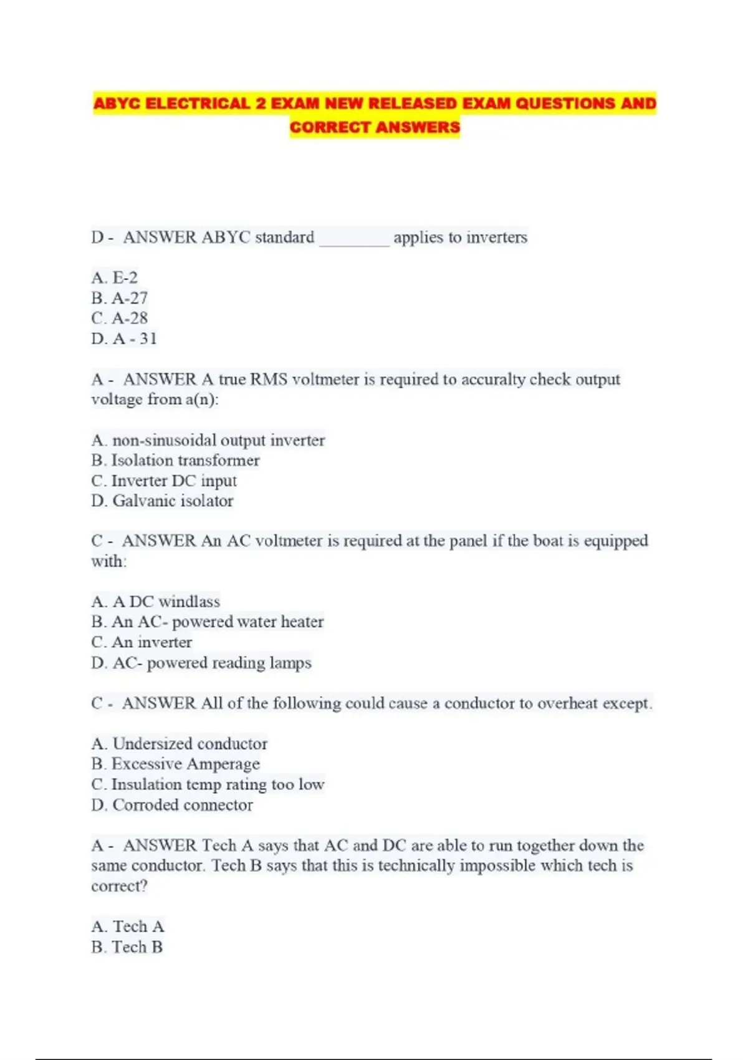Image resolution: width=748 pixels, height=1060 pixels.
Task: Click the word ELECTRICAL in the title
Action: click(198, 104)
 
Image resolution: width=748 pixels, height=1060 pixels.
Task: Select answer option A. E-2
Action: click(115, 277)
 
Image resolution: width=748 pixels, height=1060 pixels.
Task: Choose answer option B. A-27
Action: click(120, 298)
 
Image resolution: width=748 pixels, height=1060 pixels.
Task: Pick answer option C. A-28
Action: click(120, 319)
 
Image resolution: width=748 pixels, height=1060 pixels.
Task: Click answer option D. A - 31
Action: click(124, 339)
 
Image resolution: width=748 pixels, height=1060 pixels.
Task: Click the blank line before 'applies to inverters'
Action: click(354, 238)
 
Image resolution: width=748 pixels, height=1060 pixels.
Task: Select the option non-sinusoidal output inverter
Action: click(208, 440)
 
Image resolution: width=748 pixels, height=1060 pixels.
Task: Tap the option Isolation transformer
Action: click(176, 461)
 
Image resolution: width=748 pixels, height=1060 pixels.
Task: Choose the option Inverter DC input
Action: click(164, 481)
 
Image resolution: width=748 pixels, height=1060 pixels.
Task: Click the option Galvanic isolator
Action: click(163, 501)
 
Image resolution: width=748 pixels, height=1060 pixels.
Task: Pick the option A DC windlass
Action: click(156, 602)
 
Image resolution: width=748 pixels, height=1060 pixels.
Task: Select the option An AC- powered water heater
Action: click(208, 622)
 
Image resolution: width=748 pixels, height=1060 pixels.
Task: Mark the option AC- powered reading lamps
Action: click(201, 663)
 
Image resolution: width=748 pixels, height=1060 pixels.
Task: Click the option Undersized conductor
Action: click(180, 744)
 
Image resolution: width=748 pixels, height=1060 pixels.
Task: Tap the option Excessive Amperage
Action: click(176, 764)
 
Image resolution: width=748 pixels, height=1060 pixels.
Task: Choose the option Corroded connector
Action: click(172, 805)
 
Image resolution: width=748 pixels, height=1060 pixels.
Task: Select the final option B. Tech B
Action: click(127, 947)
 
